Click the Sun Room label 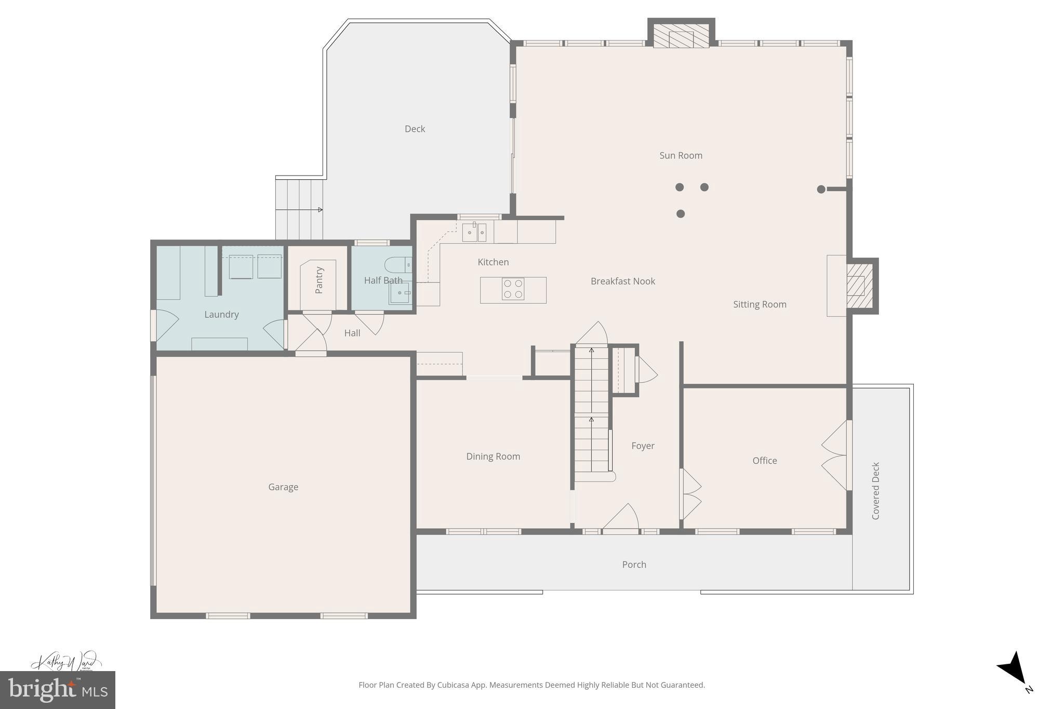(681, 155)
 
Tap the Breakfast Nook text (622, 281)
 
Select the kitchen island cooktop (513, 289)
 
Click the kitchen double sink (474, 232)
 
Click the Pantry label (319, 280)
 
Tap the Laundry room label (221, 314)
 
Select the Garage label (283, 487)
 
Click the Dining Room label (493, 456)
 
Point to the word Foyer (643, 446)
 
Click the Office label (765, 460)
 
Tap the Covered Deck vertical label (875, 490)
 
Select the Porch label (634, 564)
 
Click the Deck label (415, 129)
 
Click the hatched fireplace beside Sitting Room (859, 286)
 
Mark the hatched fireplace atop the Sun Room (681, 35)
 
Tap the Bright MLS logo (57, 690)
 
